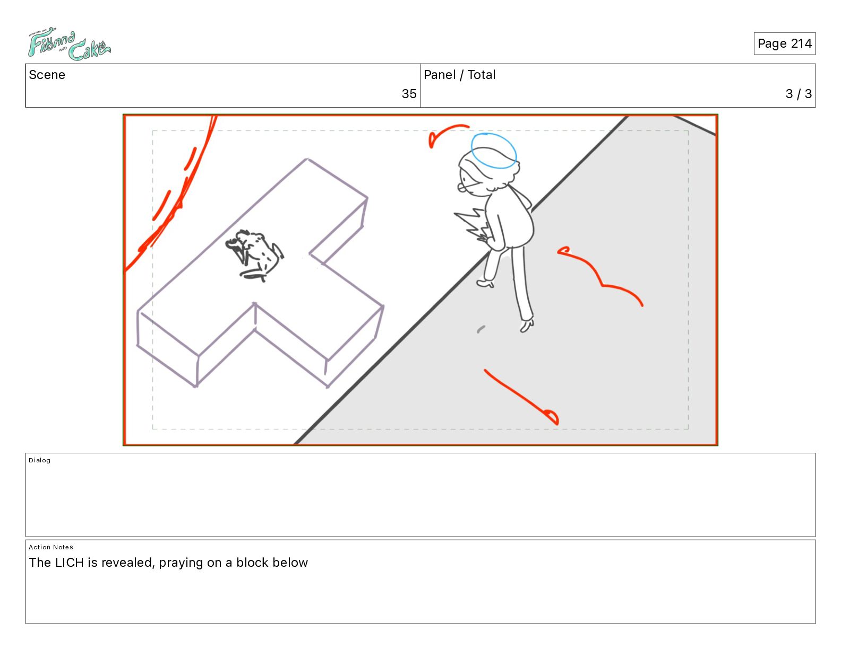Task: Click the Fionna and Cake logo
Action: [69, 44]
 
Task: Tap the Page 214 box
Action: [784, 43]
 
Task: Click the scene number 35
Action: [409, 93]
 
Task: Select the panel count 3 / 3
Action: [798, 93]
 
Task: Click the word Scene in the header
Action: [47, 75]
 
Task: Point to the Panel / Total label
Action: [459, 75]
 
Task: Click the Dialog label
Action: [39, 460]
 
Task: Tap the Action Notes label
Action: [50, 547]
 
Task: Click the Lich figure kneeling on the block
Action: [254, 255]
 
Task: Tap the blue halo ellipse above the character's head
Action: [493, 151]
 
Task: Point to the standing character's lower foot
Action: [526, 326]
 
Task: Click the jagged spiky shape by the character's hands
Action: [472, 224]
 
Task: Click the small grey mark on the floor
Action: [480, 329]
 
